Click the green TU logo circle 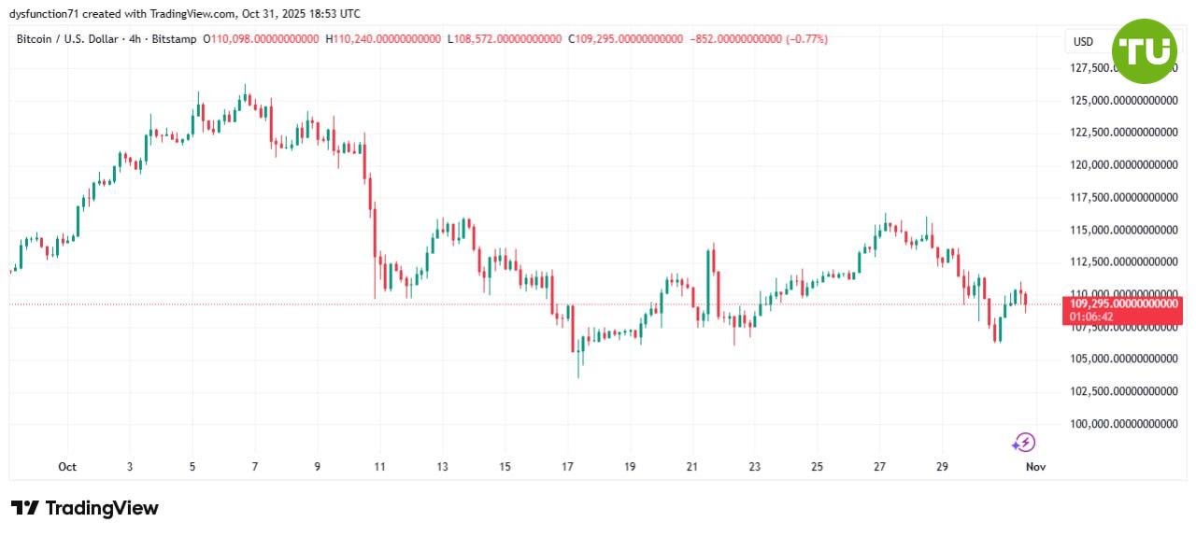[x=1144, y=50]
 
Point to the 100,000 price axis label [x=1121, y=424]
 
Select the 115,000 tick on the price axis [x=1121, y=230]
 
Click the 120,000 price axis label [x=1121, y=165]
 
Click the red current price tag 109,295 [x=1122, y=304]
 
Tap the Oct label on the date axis [x=66, y=467]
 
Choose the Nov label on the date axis [x=1035, y=467]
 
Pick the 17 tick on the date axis [x=567, y=467]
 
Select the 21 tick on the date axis [x=692, y=467]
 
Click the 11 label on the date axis [x=379, y=467]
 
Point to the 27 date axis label [x=880, y=467]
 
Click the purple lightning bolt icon [x=1024, y=442]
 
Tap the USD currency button [x=1083, y=41]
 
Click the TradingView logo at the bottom [x=85, y=508]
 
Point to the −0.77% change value [x=806, y=39]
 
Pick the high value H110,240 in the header [x=382, y=39]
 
